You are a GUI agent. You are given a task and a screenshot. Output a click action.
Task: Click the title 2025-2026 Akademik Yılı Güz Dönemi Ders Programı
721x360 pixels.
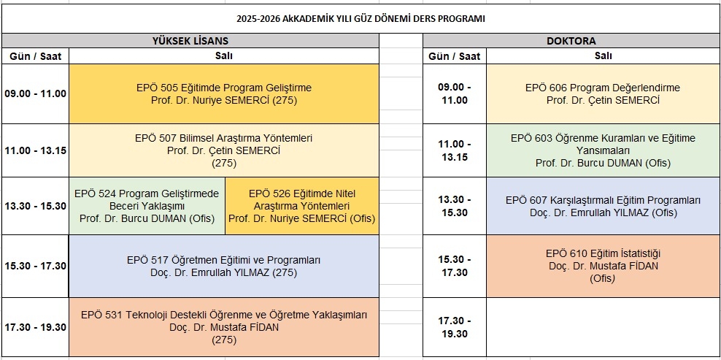(x=360, y=19)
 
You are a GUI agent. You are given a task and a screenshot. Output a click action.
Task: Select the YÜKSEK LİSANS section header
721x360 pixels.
(x=190, y=40)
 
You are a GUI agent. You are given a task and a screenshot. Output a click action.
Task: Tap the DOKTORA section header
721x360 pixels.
(x=571, y=40)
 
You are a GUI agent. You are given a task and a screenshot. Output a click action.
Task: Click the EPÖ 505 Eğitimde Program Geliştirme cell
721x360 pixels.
(x=224, y=94)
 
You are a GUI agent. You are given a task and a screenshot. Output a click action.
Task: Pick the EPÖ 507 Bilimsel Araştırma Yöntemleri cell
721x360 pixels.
(x=224, y=150)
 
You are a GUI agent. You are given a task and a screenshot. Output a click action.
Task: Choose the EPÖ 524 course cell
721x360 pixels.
(x=147, y=206)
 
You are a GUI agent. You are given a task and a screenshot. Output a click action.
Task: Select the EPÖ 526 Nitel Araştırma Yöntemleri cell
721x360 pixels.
(x=302, y=206)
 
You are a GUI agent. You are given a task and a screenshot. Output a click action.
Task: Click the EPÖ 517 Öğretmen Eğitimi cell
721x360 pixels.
(x=224, y=266)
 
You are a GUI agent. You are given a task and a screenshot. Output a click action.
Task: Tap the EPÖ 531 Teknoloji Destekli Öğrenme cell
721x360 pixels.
(x=224, y=327)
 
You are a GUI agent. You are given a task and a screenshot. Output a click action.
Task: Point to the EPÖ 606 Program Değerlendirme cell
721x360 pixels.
(x=603, y=94)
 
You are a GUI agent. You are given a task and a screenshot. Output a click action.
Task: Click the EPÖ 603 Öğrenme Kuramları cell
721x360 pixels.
(x=603, y=150)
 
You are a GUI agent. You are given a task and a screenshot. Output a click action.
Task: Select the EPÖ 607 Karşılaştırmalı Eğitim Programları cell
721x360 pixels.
(x=603, y=206)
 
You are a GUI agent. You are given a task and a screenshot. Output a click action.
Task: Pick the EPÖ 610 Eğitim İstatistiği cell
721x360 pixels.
(x=603, y=266)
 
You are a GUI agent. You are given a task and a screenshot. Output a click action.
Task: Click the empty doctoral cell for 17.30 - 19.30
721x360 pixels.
(x=603, y=327)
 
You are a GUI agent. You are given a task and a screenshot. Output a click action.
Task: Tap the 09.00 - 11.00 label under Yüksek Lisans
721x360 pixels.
(x=36, y=94)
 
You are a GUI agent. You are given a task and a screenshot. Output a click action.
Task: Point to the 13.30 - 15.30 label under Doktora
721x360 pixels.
(x=455, y=206)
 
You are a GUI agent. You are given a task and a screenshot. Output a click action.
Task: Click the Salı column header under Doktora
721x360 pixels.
(x=603, y=55)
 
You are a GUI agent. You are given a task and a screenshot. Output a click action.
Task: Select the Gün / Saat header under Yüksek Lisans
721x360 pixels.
(x=36, y=56)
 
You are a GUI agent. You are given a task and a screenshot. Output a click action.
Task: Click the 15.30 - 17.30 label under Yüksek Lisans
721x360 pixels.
(x=36, y=266)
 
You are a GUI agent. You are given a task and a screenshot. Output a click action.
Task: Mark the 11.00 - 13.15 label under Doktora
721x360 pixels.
(x=455, y=150)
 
